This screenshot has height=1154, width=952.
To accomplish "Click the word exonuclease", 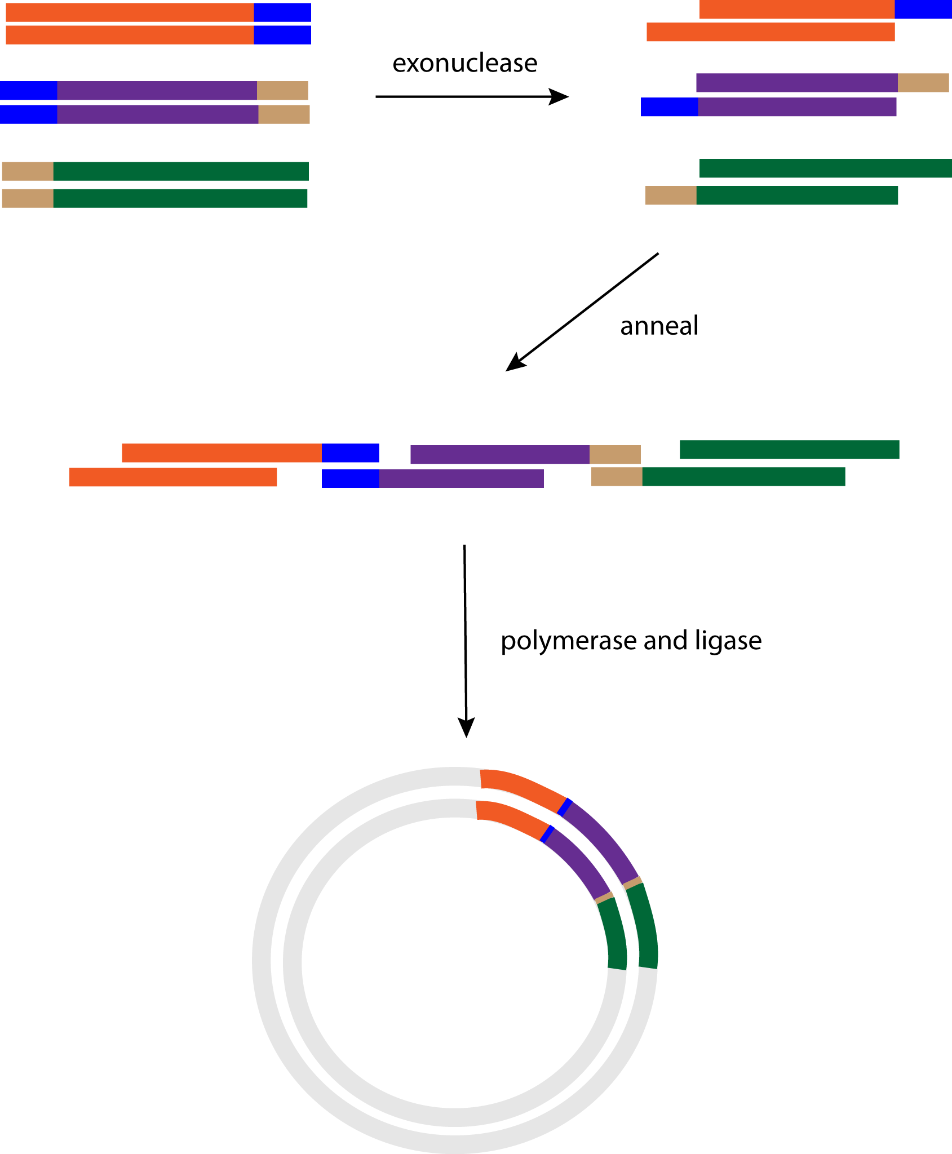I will pos(464,63).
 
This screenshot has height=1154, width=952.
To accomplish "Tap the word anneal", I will pos(659,326).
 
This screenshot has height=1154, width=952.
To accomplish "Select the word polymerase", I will pos(569,641).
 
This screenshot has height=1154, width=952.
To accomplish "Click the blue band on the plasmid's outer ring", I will pos(565,807).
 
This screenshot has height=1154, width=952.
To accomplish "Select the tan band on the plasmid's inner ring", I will pos(604,897).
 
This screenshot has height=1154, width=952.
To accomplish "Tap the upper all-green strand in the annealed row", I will pos(789,450).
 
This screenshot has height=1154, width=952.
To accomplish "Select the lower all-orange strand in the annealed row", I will pos(172,477).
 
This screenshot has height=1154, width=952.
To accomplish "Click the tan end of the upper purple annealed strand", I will pos(615,454).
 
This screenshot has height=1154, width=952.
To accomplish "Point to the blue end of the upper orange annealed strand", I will pos(350,453).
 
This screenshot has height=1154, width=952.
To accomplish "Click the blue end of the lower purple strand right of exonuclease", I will pos(669,107).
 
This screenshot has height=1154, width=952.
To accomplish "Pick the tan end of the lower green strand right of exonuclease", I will pos(671,196).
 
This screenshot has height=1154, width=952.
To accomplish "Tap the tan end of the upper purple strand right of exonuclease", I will pos(923,83).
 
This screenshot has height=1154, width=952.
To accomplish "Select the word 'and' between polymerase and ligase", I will pos(666,641).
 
